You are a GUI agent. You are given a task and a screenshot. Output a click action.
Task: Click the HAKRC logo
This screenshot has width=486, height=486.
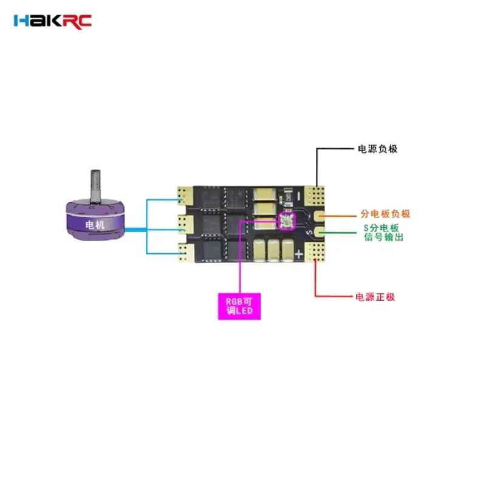[52, 21]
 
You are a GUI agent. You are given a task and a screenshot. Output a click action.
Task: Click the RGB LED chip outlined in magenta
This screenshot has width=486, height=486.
[285, 222]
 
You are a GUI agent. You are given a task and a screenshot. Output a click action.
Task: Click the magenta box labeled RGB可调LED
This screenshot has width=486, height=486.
[239, 306]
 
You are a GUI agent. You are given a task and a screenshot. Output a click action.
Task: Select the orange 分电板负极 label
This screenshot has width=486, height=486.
[385, 214]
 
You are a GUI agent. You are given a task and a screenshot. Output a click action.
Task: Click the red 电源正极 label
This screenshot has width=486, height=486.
[375, 297]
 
